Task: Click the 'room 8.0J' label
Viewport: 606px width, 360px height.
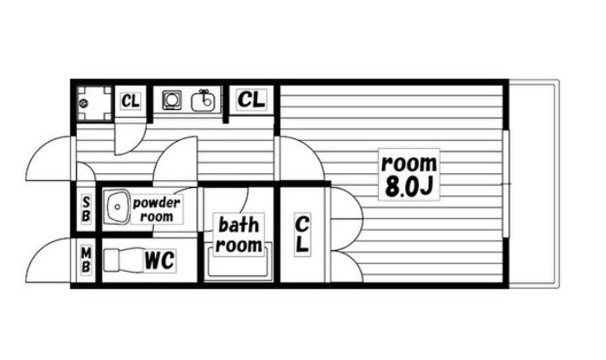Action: click(409, 175)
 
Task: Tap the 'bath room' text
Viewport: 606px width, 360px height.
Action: click(238, 235)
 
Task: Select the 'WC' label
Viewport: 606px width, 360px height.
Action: click(159, 260)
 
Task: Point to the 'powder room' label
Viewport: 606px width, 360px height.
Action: click(157, 209)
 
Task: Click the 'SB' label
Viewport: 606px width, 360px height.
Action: click(86, 209)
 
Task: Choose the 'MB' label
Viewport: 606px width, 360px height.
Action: click(86, 260)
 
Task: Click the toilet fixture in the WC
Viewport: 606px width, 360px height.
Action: click(123, 260)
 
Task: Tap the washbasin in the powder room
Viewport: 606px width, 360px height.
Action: click(118, 207)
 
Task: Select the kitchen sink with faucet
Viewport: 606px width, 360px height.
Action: click(203, 100)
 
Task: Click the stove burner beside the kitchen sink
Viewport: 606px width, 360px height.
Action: click(171, 100)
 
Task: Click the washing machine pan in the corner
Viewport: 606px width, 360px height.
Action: click(93, 103)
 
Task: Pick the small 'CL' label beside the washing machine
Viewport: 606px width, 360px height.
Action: click(130, 101)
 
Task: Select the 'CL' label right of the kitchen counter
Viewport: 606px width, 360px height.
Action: click(251, 100)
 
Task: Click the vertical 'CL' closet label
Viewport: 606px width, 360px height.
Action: click(302, 235)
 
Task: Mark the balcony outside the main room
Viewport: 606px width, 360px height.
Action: click(534, 183)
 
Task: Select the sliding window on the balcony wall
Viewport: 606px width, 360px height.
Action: click(506, 183)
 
